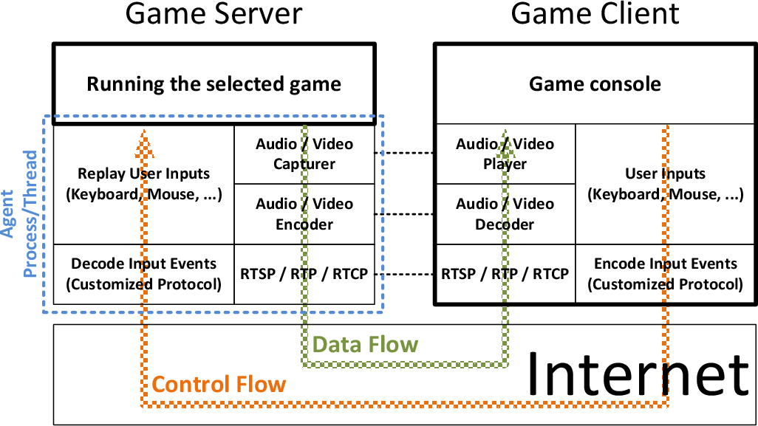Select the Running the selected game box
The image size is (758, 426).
point(214,83)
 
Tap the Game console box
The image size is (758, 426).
point(595,83)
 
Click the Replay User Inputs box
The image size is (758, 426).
point(144,184)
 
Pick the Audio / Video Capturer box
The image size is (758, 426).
point(304,154)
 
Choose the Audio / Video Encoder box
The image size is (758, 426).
point(304,214)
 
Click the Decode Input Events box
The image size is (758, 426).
point(144,274)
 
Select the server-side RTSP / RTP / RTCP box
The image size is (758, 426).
point(304,274)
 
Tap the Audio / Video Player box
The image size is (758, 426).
point(505,154)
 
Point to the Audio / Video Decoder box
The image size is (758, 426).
point(505,214)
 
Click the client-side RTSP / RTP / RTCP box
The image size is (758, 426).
point(505,274)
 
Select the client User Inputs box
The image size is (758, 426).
point(665,184)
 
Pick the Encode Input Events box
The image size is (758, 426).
point(665,274)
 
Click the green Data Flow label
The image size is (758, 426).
point(365,344)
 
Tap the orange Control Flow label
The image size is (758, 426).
point(219,384)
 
